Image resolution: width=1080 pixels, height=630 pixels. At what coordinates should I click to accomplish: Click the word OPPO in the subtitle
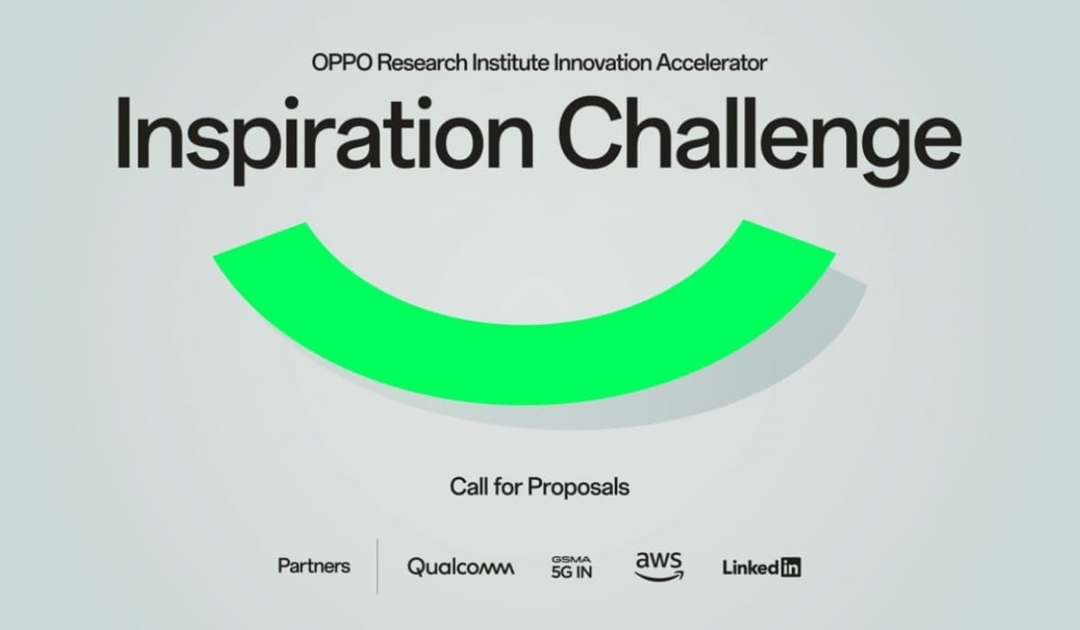pos(342,63)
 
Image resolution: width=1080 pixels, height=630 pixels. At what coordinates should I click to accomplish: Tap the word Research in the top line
pos(422,63)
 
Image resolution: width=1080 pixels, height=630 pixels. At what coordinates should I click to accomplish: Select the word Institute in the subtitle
pos(510,63)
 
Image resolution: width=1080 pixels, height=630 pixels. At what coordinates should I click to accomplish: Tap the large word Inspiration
pos(325,139)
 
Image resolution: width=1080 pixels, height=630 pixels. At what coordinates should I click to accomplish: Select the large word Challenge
pos(760,139)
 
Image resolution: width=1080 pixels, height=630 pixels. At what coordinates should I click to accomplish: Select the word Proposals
pos(578,488)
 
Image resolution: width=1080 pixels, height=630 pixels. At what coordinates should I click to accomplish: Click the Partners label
pos(314,566)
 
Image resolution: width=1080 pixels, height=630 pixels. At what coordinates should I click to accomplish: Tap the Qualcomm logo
pos(461,567)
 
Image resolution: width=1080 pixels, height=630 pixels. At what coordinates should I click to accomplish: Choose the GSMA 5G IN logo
pos(571,567)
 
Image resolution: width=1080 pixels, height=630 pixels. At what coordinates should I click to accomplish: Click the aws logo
pos(659,566)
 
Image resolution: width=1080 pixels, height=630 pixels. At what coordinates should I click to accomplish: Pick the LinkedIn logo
pos(761,567)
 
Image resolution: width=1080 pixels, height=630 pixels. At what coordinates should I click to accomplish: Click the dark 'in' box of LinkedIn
pos(791,567)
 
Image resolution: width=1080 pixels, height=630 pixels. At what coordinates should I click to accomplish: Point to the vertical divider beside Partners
pos(377,567)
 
